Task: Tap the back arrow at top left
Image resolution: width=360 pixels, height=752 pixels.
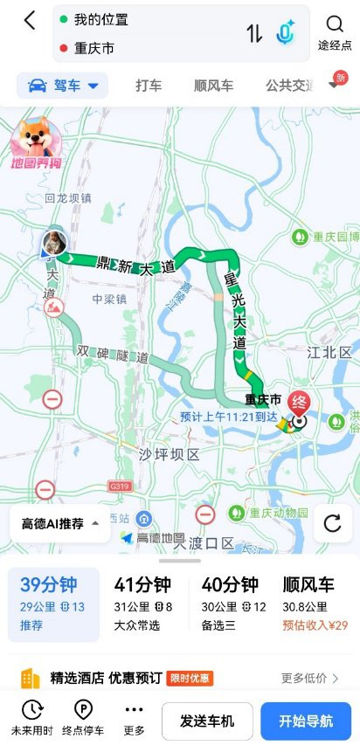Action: click(30, 21)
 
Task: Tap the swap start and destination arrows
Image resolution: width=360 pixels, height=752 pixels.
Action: click(254, 33)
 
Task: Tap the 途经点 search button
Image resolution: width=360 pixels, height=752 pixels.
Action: click(335, 32)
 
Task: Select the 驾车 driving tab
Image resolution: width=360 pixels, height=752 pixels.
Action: click(63, 86)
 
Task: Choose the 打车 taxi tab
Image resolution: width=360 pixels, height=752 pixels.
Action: click(149, 86)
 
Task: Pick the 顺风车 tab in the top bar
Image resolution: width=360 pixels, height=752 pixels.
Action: click(213, 86)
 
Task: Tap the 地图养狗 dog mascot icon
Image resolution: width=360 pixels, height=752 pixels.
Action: click(35, 145)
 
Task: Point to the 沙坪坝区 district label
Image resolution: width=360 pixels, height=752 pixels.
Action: click(170, 454)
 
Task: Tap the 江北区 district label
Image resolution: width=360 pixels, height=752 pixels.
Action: click(329, 353)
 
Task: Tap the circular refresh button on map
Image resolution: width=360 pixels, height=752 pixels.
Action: click(332, 523)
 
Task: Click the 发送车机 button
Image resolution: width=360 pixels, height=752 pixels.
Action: click(206, 721)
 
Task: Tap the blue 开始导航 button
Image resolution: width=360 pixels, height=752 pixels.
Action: click(306, 721)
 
